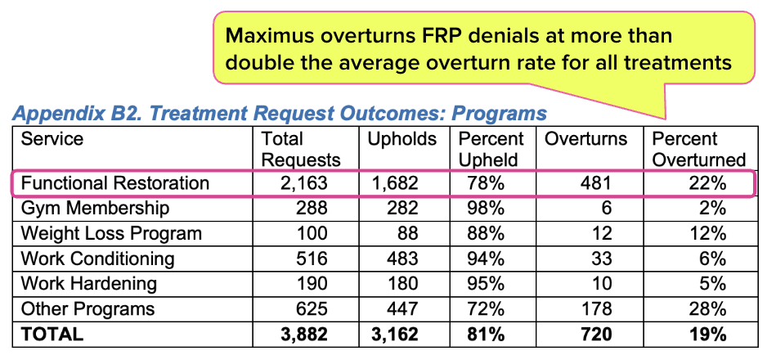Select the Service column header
tap(52, 139)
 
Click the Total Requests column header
tap(300, 149)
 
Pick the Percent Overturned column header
tap(699, 149)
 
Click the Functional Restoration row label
tap(115, 183)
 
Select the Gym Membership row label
tap(95, 209)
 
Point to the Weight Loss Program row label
tap(111, 233)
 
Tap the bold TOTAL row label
tap(52, 335)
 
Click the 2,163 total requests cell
tap(305, 183)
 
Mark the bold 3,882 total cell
tap(304, 335)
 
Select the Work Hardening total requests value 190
tap(312, 284)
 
